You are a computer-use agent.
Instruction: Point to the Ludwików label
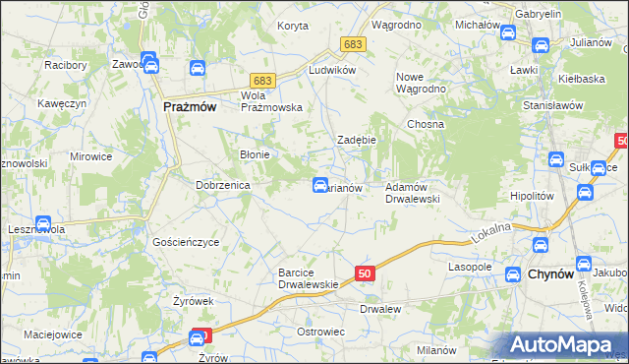tap(330, 72)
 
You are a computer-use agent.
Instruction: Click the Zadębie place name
tap(357, 140)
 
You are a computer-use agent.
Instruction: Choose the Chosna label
tap(426, 125)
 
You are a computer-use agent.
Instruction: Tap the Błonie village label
tap(256, 154)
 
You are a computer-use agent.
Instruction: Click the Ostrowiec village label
tap(320, 332)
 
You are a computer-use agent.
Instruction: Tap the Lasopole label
tap(469, 267)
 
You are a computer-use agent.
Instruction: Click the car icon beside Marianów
tap(320, 184)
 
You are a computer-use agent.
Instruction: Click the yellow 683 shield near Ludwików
tap(353, 45)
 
